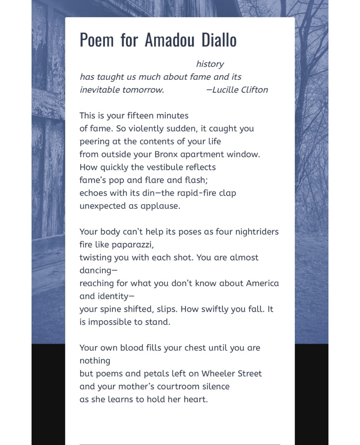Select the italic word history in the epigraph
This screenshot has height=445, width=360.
click(x=210, y=64)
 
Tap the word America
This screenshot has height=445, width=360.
click(x=262, y=284)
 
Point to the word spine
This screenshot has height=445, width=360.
click(x=110, y=309)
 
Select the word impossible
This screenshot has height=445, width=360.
click(x=109, y=322)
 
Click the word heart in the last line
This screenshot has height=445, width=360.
click(x=194, y=400)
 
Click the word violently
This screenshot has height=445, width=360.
click(x=147, y=129)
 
